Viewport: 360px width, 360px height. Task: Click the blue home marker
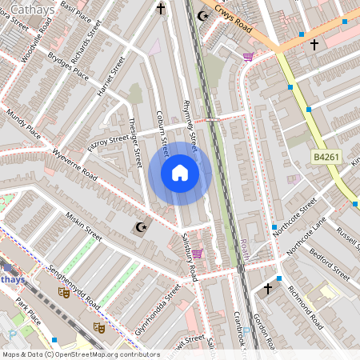click(x=179, y=172)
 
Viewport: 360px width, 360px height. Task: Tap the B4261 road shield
click(x=327, y=158)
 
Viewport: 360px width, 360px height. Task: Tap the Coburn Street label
click(x=162, y=133)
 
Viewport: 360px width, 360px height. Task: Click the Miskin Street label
click(x=84, y=226)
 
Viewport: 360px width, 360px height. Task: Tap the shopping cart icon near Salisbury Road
click(x=197, y=254)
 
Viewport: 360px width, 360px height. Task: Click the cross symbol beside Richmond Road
click(x=268, y=287)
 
